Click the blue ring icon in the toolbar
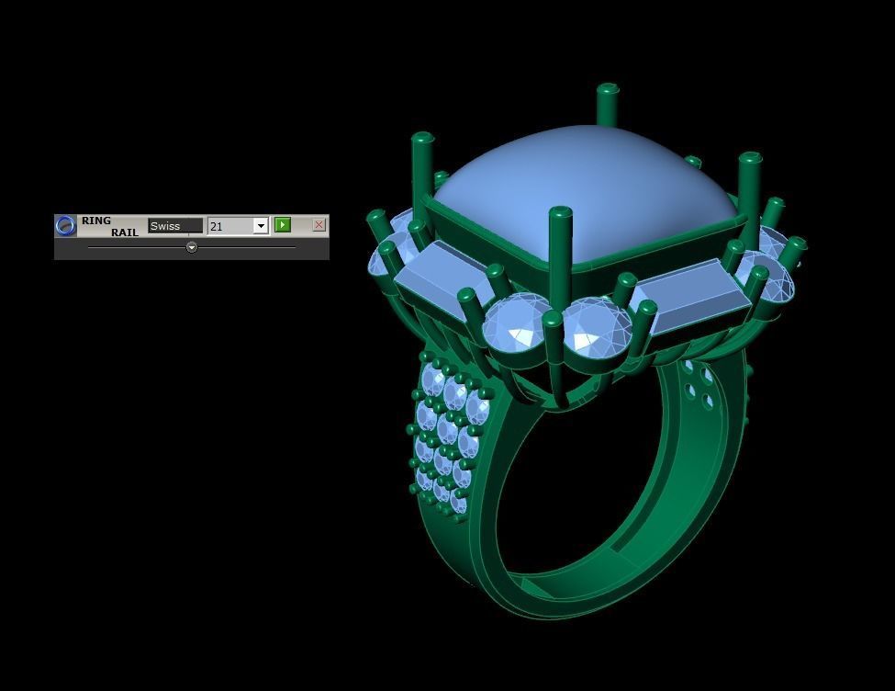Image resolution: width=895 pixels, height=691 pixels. pos(65,226)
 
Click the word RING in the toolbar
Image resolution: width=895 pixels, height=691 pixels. pos(95,221)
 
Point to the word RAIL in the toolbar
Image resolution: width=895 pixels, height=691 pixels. pos(125,232)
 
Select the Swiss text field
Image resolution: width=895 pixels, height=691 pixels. pos(174,226)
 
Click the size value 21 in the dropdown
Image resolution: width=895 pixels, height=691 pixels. pos(229,226)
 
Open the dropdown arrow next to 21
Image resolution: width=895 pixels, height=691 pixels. pos(261,226)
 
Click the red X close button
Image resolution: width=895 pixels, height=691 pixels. pos(319,225)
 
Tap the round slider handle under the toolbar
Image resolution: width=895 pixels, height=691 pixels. pos(191,247)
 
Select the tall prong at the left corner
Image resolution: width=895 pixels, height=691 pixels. pos(421,165)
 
